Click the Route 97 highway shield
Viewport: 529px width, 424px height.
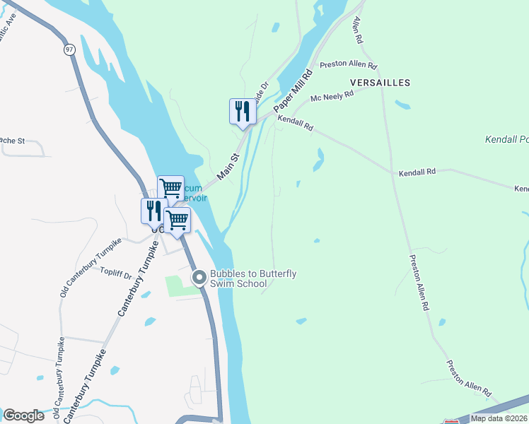point(69,50)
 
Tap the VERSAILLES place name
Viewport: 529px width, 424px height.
point(378,83)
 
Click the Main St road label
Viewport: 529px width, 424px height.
point(229,165)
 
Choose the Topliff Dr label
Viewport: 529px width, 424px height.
point(117,271)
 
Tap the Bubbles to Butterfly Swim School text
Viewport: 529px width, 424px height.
point(238,278)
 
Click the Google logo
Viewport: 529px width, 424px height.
point(23,416)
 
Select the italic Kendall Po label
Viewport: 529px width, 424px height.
point(506,140)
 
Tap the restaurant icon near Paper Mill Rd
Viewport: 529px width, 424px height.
point(243,111)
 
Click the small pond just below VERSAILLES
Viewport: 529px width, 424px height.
point(402,105)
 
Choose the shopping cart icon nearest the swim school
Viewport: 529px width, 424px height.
point(177,220)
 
